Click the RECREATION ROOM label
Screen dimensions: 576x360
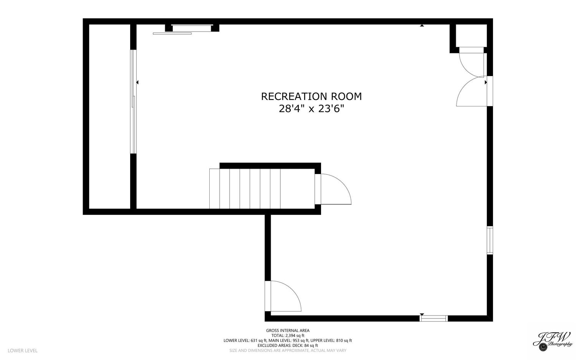311,96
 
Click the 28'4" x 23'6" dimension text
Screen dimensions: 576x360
311,109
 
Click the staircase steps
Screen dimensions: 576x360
262,189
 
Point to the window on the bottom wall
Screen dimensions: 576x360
434,319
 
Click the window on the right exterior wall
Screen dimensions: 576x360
490,241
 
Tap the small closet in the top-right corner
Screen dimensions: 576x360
471,36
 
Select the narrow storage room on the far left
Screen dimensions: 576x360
109,116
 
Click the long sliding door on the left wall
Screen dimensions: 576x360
133,102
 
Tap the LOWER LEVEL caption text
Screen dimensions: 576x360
23,350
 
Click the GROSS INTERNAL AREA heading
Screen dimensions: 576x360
288,330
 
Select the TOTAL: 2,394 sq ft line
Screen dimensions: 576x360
288,335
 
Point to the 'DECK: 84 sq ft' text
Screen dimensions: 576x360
305,345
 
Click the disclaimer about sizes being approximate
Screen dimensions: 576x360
288,350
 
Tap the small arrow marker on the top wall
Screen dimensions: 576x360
422,25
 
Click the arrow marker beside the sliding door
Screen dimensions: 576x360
137,82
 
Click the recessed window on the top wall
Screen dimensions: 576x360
192,28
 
